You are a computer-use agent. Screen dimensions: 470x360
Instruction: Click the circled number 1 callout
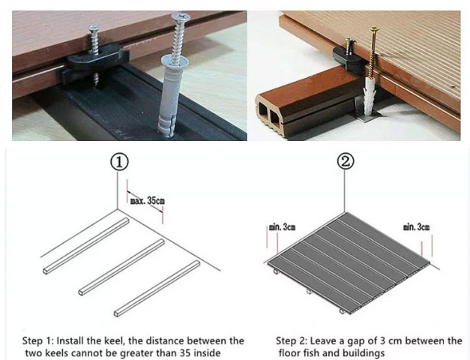point(119,162)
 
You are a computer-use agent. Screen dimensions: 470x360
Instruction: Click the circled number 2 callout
point(346,161)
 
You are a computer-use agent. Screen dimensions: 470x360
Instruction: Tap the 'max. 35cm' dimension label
point(148,201)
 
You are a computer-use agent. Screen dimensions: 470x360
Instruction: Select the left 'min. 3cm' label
point(282,227)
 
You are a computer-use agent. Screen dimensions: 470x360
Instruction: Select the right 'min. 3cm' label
point(416,226)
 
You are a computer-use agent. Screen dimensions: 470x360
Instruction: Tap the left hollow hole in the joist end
point(263,110)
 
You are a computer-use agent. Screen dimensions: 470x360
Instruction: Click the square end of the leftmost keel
point(46,271)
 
